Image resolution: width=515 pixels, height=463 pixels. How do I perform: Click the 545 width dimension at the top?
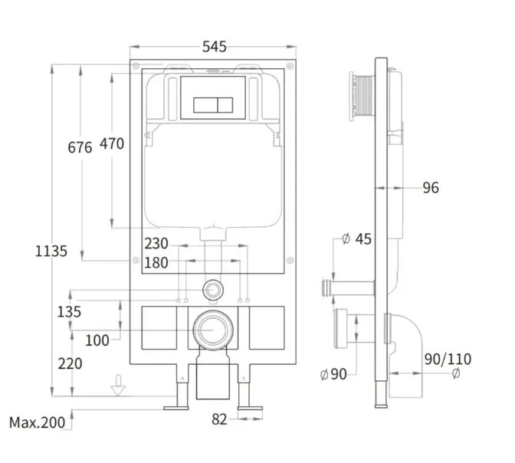click(x=214, y=47)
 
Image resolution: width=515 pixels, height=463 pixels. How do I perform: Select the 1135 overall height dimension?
click(x=51, y=251)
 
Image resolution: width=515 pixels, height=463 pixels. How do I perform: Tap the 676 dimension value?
click(x=80, y=147)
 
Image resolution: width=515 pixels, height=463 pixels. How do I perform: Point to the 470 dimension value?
click(x=112, y=144)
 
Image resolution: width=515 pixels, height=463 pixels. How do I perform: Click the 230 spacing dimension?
click(x=156, y=244)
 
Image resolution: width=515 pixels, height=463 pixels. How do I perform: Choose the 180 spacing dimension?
click(x=156, y=263)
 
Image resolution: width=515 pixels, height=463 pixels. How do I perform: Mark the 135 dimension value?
click(x=69, y=312)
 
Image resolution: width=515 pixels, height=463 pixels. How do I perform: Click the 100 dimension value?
click(x=97, y=340)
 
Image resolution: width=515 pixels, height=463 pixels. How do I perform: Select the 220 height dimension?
click(x=70, y=364)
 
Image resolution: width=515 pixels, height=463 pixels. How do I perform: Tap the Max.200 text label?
click(x=37, y=422)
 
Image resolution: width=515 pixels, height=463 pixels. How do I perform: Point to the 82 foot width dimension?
click(x=219, y=419)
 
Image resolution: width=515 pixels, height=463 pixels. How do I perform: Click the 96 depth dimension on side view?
click(x=431, y=188)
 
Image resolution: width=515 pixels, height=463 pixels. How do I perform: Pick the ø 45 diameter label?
click(x=356, y=239)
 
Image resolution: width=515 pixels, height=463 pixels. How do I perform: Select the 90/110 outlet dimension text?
click(x=448, y=360)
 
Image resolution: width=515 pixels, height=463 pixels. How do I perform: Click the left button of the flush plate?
click(x=205, y=105)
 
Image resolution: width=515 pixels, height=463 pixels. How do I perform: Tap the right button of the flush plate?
click(x=225, y=105)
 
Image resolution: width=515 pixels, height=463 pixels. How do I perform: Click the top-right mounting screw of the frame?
click(x=290, y=66)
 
